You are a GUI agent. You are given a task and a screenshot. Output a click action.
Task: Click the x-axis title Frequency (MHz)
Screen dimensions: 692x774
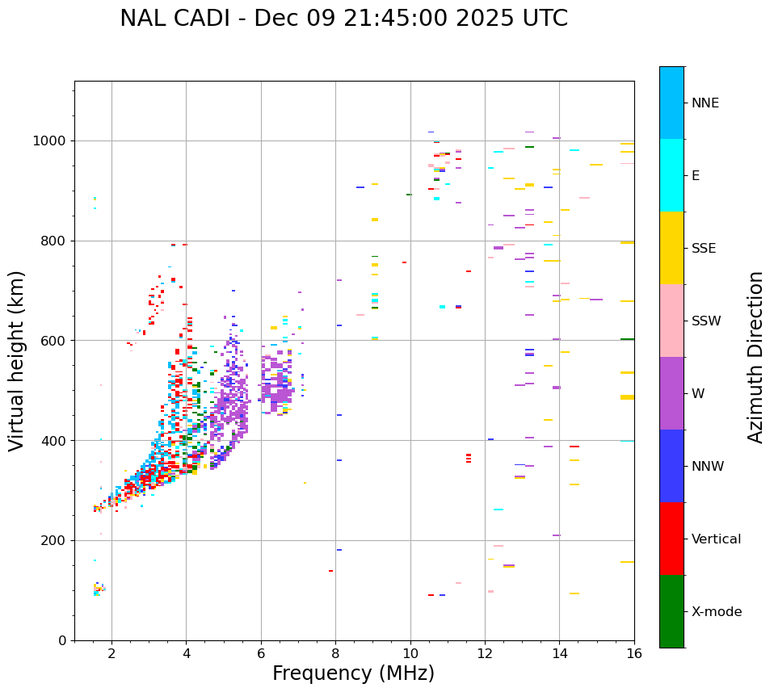coord(353,673)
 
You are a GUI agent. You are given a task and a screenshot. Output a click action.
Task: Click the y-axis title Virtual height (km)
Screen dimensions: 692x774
coord(17,360)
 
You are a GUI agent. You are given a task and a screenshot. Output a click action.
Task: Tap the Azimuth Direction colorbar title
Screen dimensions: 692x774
coord(755,356)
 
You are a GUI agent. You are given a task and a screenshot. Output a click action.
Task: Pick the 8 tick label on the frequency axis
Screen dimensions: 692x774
coord(335,653)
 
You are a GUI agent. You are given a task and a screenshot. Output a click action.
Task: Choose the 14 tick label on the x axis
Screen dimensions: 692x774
coord(559,653)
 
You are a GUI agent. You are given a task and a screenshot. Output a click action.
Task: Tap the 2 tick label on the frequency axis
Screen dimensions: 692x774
coord(111,653)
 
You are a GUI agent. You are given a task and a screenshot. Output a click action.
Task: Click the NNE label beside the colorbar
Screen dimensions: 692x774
coord(705,103)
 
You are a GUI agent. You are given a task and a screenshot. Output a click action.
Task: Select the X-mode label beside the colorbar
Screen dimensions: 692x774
coord(716,612)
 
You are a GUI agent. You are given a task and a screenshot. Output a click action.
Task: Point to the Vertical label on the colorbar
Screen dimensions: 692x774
coord(716,539)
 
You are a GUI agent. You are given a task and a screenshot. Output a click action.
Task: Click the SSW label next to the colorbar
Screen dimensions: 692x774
coord(706,321)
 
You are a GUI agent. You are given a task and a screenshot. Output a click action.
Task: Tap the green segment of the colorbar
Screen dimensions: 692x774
coord(671,611)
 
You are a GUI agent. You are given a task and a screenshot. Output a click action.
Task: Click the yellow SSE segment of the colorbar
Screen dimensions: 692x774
coord(671,248)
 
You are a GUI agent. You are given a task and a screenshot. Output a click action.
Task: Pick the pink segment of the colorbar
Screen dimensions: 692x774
coord(671,321)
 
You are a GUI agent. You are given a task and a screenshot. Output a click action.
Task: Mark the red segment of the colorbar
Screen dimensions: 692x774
coord(671,539)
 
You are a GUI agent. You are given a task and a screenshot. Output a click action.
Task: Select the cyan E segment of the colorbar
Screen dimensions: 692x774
coord(671,175)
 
